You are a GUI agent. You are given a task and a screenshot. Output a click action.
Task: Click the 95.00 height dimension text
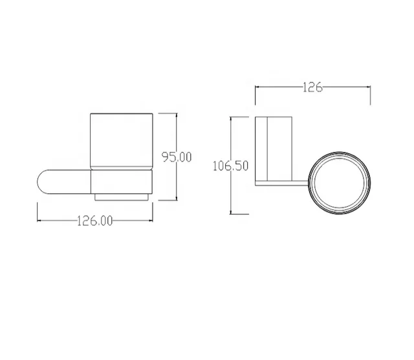coord(177,157)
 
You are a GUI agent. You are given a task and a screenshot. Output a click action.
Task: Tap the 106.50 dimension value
coord(230,166)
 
